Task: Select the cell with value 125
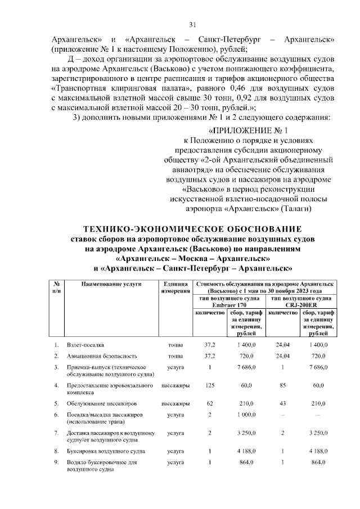click(209, 386)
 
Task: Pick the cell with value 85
click(283, 386)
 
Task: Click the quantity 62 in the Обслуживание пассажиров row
click(209, 403)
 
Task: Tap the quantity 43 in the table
click(283, 403)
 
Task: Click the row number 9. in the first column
click(56, 462)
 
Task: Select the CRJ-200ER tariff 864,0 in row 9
click(318, 462)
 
